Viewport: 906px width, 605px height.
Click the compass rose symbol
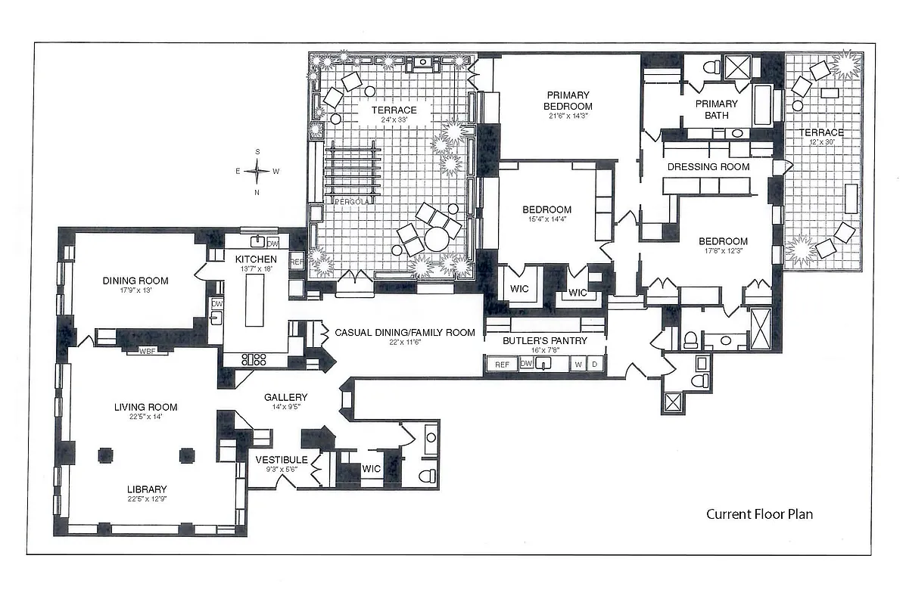click(257, 171)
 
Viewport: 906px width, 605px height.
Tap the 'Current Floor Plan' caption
click(759, 514)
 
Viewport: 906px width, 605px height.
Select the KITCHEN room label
click(250, 259)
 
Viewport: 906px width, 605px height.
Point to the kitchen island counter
click(254, 299)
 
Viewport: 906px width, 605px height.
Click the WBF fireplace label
click(148, 350)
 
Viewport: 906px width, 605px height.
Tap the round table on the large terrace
click(437, 240)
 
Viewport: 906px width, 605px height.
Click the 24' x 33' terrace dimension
click(394, 120)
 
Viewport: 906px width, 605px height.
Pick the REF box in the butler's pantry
click(502, 365)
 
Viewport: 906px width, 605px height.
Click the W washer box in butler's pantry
click(579, 365)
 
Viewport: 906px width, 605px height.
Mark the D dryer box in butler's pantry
click(595, 365)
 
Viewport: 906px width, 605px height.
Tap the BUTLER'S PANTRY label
click(545, 340)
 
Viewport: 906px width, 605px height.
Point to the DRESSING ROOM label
click(708, 166)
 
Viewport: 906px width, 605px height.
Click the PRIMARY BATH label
click(716, 110)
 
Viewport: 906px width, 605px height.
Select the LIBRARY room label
click(147, 489)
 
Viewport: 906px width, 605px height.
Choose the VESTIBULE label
click(281, 460)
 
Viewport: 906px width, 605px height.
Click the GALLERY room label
click(285, 397)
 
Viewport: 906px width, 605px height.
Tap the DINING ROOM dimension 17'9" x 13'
click(135, 290)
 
